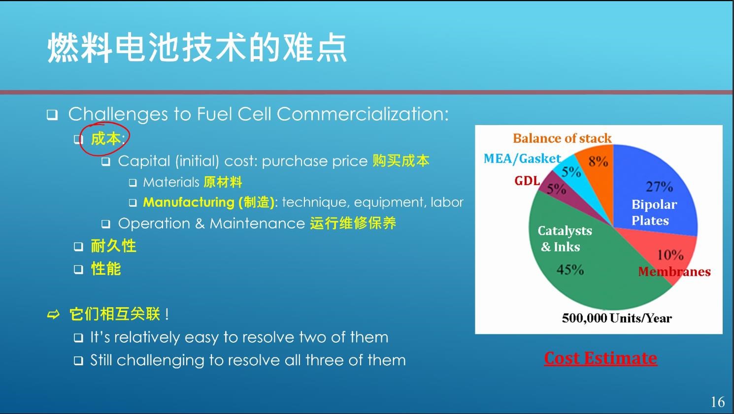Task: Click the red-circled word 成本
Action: (105, 139)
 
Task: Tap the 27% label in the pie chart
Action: (659, 187)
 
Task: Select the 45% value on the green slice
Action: (570, 270)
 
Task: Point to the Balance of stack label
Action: (562, 138)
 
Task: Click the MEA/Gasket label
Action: (522, 159)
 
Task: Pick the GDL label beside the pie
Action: (527, 181)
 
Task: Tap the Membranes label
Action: (674, 272)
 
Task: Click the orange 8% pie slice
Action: (597, 174)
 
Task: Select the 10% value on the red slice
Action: (670, 255)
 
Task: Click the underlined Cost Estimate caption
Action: (601, 358)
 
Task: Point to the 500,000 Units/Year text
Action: (617, 318)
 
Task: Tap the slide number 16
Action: (718, 402)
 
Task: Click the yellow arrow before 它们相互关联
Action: (53, 315)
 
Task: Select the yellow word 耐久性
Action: (113, 246)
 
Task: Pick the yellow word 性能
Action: (106, 269)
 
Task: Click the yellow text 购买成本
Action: (401, 160)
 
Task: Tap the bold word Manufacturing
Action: (189, 202)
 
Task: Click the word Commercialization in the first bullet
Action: (363, 114)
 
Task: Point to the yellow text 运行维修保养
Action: (353, 223)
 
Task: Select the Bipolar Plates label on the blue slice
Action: (654, 212)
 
